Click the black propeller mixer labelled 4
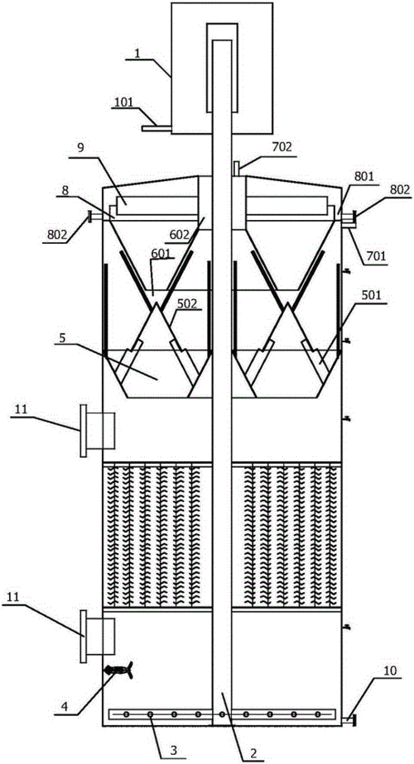tap(118, 671)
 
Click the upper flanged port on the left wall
tap(98, 432)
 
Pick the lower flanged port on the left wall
tap(98, 637)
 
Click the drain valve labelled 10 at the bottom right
tap(349, 719)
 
